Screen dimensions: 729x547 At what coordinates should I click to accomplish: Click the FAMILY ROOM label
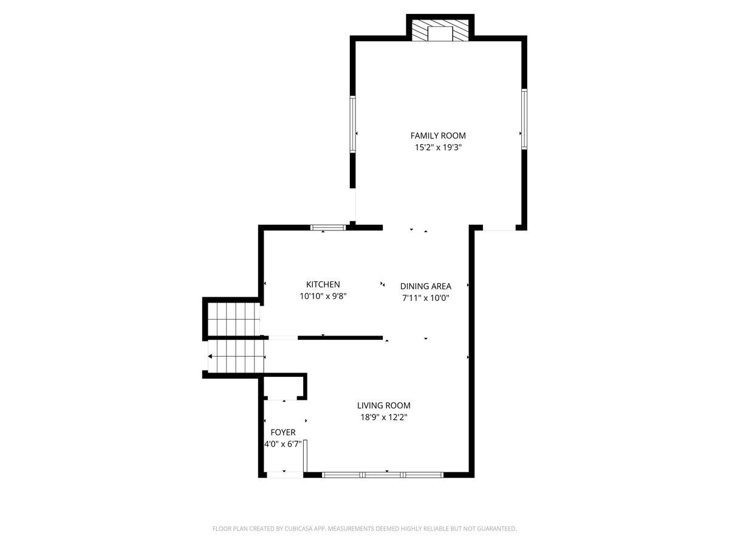click(438, 136)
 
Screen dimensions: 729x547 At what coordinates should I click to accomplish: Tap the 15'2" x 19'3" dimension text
click(438, 147)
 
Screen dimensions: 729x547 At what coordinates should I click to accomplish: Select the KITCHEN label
click(323, 284)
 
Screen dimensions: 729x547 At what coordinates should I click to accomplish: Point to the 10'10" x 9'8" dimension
click(323, 296)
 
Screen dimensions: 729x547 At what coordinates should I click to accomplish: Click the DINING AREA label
click(425, 286)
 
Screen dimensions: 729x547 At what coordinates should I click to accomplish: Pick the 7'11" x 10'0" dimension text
click(425, 298)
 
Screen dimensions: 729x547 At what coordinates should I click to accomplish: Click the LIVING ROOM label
click(383, 405)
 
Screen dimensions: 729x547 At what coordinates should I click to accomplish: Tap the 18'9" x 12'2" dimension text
click(383, 417)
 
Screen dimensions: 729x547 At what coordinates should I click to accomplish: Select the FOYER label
click(283, 432)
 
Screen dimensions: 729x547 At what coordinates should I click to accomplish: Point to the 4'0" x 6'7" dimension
click(283, 444)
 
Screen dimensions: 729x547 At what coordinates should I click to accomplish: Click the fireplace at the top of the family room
click(440, 30)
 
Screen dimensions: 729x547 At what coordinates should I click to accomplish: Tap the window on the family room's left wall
click(353, 124)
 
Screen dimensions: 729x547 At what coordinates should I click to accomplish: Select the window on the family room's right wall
click(524, 119)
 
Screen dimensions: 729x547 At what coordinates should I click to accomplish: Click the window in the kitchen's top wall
click(328, 227)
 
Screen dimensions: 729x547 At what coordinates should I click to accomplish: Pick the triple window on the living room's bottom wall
click(383, 475)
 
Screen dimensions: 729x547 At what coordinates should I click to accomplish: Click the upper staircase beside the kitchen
click(234, 319)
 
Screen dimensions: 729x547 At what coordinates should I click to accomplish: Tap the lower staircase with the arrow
click(236, 357)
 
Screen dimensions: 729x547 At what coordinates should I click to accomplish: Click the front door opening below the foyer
click(285, 475)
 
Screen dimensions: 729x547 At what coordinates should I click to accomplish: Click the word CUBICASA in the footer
click(298, 528)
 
